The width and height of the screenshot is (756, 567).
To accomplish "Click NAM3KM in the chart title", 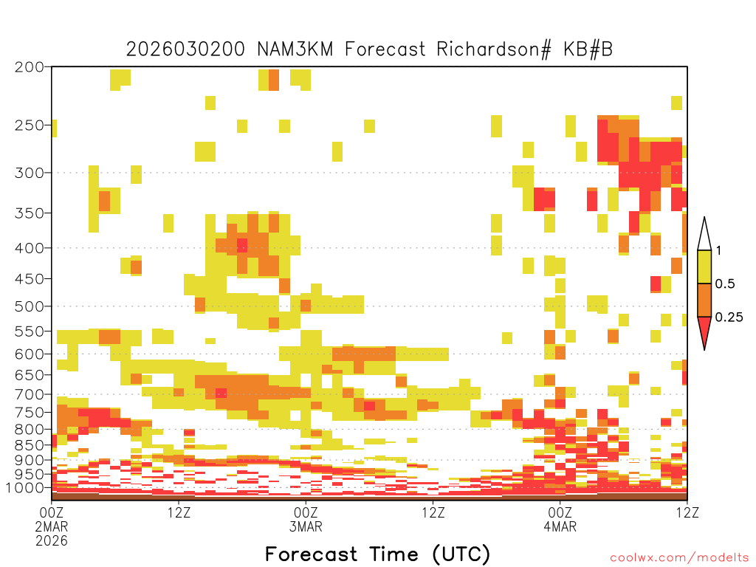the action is [x=295, y=49].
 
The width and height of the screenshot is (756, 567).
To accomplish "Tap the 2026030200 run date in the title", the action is [x=185, y=49].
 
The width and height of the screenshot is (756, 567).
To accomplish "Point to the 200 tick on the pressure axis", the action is [x=30, y=67].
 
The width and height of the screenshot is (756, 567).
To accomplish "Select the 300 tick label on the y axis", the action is [x=30, y=173].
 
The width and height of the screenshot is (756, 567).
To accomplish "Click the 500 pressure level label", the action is [x=30, y=306].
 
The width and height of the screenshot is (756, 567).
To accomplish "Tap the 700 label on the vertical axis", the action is [x=30, y=394].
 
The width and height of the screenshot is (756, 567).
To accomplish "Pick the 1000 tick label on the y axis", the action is [x=25, y=488].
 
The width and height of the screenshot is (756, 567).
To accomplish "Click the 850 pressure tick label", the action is [x=30, y=445].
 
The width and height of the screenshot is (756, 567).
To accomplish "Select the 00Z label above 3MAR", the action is [x=306, y=512].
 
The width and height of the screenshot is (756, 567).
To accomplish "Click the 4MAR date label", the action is [x=560, y=526].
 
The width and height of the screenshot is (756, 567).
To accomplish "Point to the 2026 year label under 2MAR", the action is [x=52, y=541].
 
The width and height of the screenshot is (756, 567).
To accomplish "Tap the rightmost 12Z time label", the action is [x=687, y=512].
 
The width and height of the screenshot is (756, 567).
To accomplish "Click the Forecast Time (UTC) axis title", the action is [x=377, y=554].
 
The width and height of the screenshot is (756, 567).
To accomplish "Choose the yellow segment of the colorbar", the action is [x=704, y=267].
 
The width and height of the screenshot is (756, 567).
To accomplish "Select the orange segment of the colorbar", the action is [x=704, y=300].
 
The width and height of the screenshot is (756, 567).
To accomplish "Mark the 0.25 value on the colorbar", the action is [x=729, y=317].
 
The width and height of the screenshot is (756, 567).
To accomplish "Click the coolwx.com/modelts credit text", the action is [x=679, y=558].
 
